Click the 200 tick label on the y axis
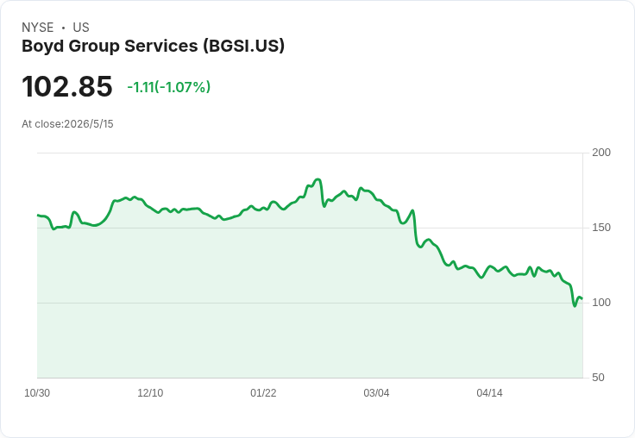coord(601,153)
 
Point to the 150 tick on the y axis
coord(601,228)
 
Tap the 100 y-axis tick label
coord(601,303)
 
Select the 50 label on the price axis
coord(598,378)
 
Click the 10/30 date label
coord(37,393)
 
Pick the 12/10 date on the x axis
coord(150,393)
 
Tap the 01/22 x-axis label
coord(263,393)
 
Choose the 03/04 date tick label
coord(376,393)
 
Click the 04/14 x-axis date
coord(489,393)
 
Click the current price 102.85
coord(67,86)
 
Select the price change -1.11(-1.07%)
coord(169,87)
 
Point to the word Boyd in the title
coord(43,47)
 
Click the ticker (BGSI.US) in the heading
coord(244,47)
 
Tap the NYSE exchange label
coord(38,28)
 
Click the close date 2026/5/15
coord(89,124)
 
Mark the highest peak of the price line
coord(317,179)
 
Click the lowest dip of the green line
coord(575,306)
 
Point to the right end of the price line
coord(582,299)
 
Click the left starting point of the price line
coord(38,215)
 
